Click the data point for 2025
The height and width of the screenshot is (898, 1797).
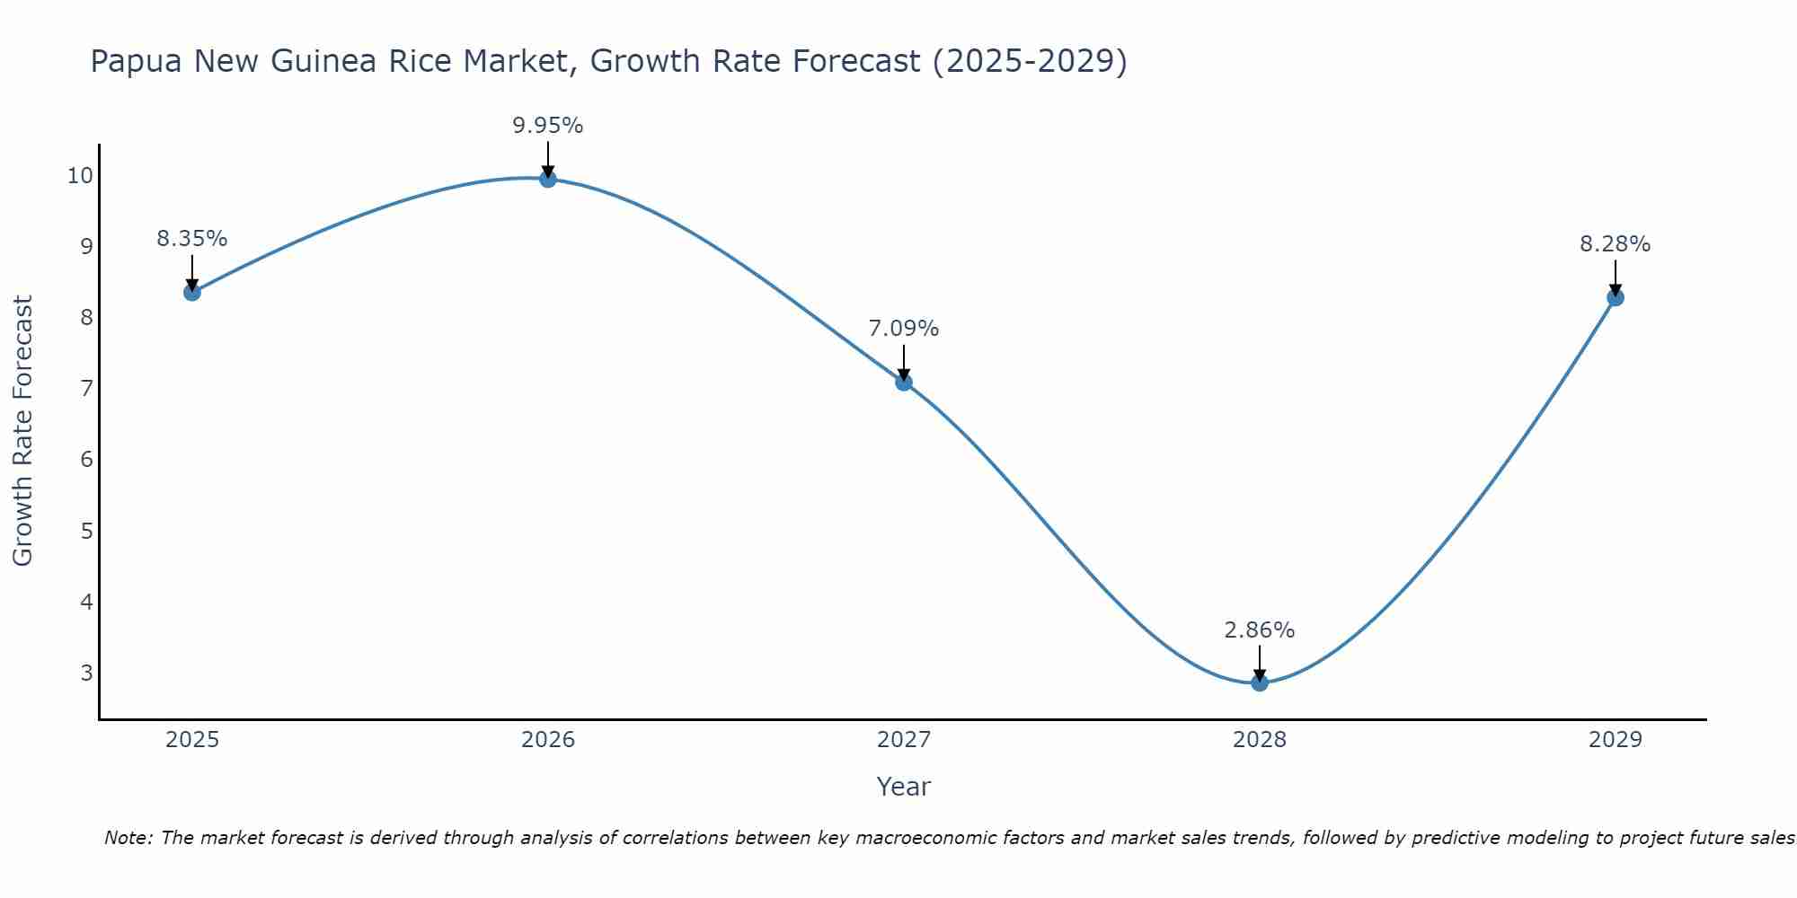191,292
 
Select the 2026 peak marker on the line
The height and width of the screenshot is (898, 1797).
548,179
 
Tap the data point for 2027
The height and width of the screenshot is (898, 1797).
904,383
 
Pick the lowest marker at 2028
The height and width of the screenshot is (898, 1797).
1260,682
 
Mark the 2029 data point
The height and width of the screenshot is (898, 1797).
1616,297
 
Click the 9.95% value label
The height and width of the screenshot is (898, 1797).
548,126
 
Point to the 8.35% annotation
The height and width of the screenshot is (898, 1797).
191,239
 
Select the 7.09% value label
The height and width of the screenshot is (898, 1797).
904,329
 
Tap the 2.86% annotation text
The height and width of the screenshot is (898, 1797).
1260,630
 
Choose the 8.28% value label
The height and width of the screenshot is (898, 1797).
1616,244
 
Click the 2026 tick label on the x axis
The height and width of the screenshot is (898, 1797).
548,740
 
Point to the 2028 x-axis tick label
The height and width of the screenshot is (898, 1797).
1260,740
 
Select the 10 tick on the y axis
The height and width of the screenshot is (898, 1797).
80,175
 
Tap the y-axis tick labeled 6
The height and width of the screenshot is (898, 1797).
86,460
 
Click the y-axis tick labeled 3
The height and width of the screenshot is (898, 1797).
86,673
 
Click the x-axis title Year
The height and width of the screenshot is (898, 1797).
904,787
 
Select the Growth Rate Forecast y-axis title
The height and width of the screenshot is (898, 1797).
22,431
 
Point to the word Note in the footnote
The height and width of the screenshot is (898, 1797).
128,838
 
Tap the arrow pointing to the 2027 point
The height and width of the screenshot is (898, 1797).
904,363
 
